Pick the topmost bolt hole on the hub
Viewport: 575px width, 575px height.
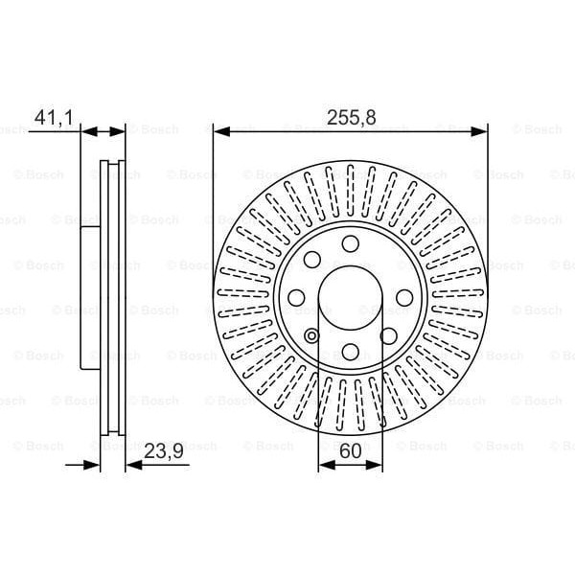point(350,241)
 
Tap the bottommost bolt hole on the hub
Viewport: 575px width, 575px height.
point(350,350)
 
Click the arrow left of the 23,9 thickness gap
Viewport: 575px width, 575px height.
point(91,466)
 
